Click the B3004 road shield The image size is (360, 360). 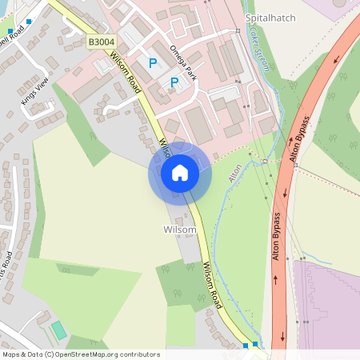click(x=101, y=41)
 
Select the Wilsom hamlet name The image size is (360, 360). click(x=179, y=230)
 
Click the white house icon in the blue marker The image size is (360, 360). click(x=180, y=173)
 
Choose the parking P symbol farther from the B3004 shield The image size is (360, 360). click(x=174, y=82)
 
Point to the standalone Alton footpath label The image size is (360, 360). click(x=235, y=172)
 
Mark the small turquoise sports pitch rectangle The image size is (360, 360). click(x=58, y=330)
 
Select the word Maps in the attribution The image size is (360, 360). click(x=11, y=354)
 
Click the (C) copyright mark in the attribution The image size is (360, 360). click(x=50, y=354)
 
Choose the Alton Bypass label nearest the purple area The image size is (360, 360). click(x=277, y=237)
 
